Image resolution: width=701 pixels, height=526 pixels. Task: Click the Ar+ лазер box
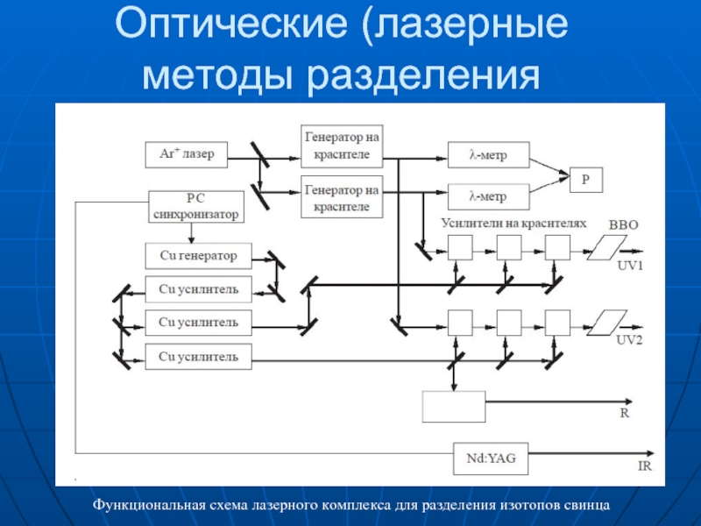tap(187, 155)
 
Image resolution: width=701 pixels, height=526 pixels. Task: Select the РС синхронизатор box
tap(196, 207)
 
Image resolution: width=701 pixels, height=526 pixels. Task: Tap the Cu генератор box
tap(199, 256)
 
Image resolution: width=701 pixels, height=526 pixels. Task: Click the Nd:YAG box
tap(491, 458)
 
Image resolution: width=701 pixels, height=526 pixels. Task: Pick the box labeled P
tap(586, 180)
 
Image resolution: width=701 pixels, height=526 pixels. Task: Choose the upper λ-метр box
tap(489, 155)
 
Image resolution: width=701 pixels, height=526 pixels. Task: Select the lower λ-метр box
tap(489, 196)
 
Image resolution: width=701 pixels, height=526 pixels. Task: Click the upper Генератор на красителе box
tap(342, 146)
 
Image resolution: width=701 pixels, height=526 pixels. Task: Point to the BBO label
tap(623, 225)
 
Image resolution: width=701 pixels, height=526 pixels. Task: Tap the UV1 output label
tap(629, 266)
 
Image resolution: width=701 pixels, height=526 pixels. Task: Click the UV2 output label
tap(629, 340)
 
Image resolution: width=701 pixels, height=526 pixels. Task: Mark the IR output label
tap(645, 466)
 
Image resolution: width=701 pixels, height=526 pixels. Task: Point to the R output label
tap(625, 413)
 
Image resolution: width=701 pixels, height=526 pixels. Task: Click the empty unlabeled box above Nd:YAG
tap(454, 407)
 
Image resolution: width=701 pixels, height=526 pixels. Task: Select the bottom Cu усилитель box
tap(199, 357)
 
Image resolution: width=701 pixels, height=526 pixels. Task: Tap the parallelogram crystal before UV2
tap(606, 323)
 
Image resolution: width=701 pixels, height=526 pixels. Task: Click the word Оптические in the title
tap(231, 24)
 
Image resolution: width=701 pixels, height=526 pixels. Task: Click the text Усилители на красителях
tap(513, 224)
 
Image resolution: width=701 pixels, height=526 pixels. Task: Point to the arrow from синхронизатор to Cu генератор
tap(191, 233)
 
